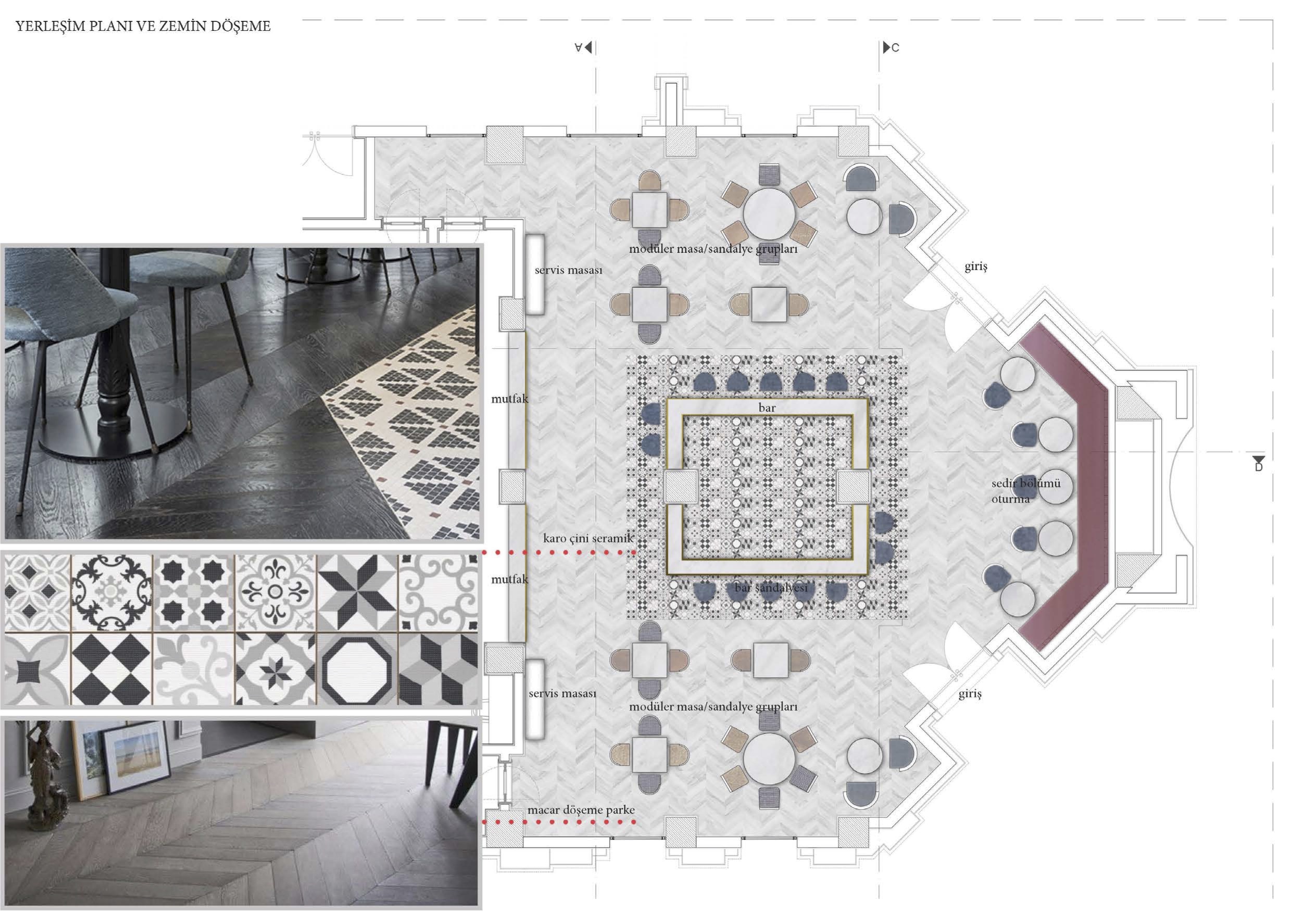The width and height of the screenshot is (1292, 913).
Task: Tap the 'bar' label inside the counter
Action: (x=767, y=407)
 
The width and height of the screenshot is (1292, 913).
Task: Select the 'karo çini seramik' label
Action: (x=588, y=538)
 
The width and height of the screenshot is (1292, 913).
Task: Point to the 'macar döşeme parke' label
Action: (x=581, y=810)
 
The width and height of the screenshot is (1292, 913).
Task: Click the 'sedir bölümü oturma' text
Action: (x=1025, y=490)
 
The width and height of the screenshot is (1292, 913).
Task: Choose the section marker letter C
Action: (x=895, y=48)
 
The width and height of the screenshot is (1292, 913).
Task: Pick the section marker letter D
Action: (x=1258, y=466)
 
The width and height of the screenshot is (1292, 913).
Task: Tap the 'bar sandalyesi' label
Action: (x=771, y=588)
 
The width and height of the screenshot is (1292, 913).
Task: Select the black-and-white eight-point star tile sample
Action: (x=357, y=591)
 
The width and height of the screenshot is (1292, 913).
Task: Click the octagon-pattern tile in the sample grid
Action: (x=357, y=668)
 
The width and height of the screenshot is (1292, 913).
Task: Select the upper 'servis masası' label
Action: (x=568, y=271)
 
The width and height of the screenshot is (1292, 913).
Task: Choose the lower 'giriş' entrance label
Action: (x=970, y=694)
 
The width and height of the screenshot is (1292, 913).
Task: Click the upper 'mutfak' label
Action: (x=510, y=399)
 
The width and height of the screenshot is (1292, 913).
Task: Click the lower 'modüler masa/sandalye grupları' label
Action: (x=713, y=706)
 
